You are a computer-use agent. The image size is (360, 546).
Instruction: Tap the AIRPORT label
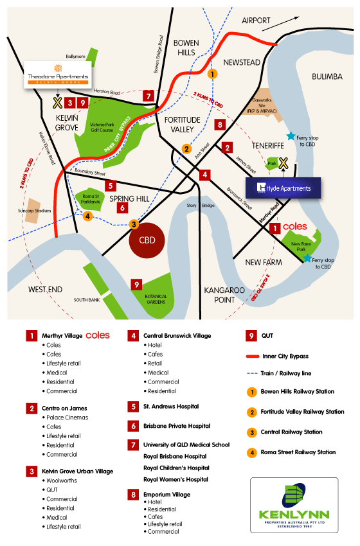pyautogui.click(x=256, y=21)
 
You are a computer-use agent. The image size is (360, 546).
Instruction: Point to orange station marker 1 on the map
pyautogui.click(x=214, y=74)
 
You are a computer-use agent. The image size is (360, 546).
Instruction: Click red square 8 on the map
pyautogui.click(x=220, y=125)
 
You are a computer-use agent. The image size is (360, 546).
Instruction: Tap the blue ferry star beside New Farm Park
pyautogui.click(x=308, y=258)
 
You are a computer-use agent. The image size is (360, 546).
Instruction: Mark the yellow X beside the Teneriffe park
pyautogui.click(x=282, y=164)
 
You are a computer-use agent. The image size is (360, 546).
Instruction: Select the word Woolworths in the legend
pyautogui.click(x=62, y=480)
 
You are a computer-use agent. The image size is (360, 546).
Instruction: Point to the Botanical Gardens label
pyautogui.click(x=156, y=300)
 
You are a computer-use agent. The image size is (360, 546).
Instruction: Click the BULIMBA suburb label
pyautogui.click(x=327, y=76)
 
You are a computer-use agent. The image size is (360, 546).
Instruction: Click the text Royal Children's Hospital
pyautogui.click(x=175, y=468)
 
